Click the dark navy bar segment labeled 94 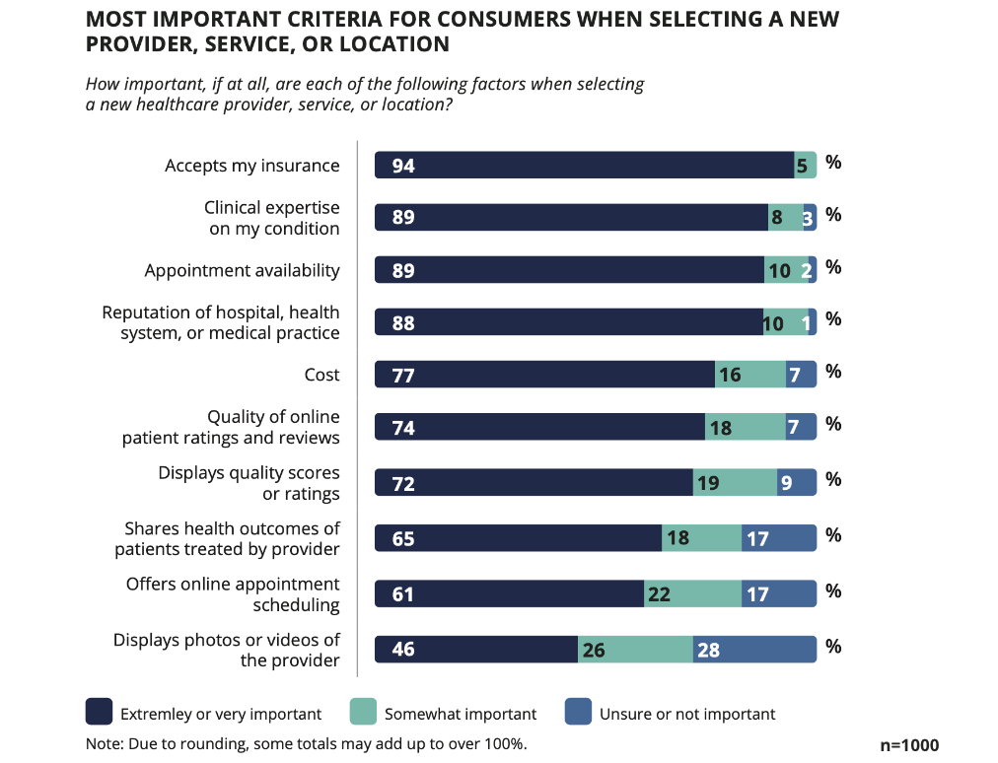584,166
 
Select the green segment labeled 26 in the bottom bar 635,650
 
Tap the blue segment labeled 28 754,650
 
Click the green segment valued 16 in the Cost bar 750,375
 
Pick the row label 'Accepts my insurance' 251,166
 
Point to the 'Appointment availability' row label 242,270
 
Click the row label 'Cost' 322,375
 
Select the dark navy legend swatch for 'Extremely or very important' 99,713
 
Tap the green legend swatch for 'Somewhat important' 363,713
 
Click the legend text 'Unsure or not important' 687,714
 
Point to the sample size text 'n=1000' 909,745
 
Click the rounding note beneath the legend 307,743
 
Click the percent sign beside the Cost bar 833,372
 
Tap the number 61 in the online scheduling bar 402,594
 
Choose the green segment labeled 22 692,594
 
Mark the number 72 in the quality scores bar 402,483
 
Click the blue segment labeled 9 797,483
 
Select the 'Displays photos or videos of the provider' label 227,650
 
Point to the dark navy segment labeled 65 518,538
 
